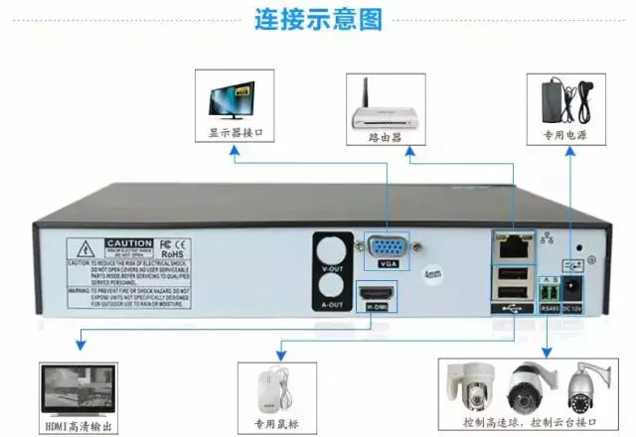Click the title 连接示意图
317,19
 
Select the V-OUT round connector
333,248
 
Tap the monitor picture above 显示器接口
236,99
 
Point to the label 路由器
385,137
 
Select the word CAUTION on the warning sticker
129,243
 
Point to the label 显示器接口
236,133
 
